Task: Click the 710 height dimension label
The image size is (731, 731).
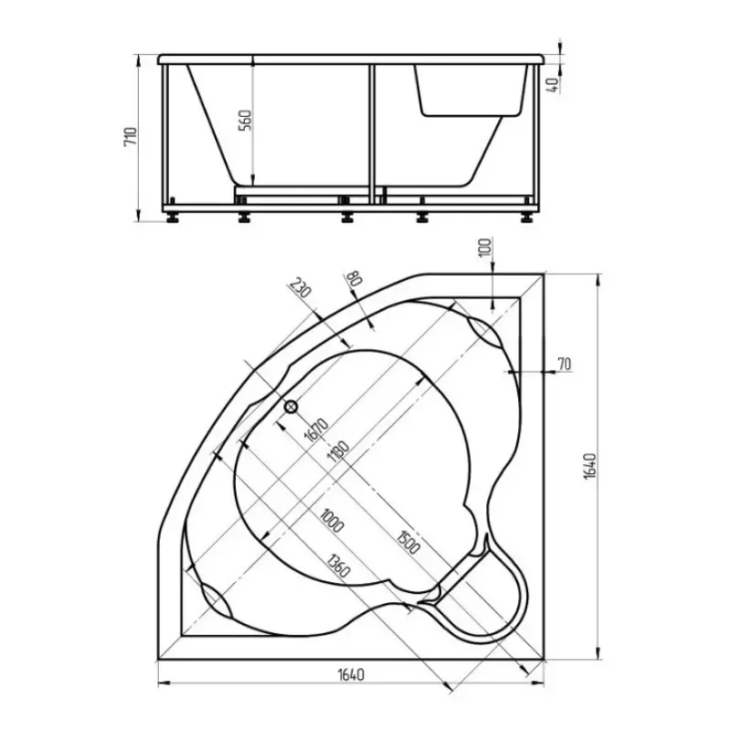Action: point(131,136)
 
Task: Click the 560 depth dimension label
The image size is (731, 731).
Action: point(245,120)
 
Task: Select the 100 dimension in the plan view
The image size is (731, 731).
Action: point(485,247)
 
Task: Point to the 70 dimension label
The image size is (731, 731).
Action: point(564,364)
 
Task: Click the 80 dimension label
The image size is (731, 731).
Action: point(355,280)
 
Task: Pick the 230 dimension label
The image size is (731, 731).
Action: point(300,289)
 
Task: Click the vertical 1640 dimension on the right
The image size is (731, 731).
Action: point(589,466)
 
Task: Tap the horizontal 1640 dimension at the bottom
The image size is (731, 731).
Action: point(351,674)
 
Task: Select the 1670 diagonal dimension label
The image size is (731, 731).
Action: point(316,429)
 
